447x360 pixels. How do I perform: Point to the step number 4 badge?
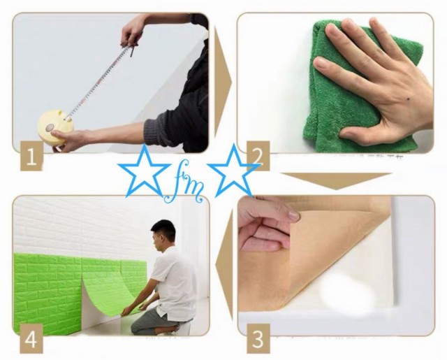28,341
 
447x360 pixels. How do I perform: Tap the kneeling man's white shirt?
175,280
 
